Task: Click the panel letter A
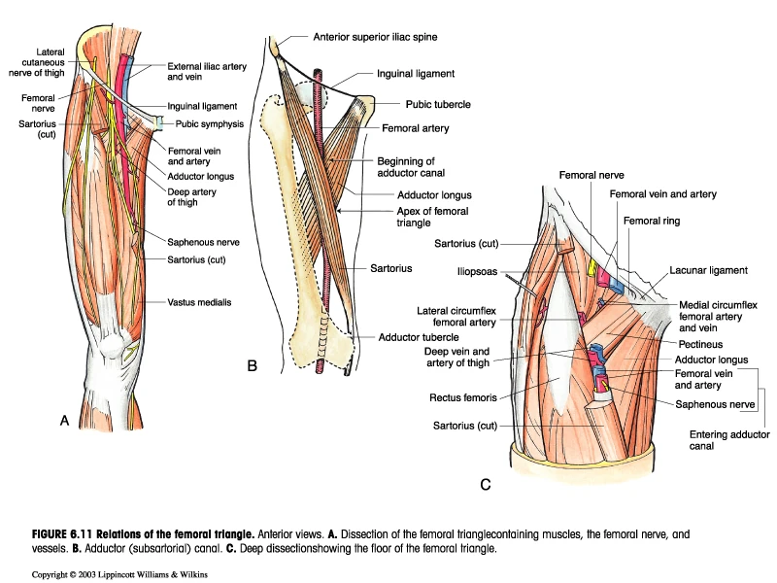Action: [64, 421]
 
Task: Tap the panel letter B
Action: [252, 365]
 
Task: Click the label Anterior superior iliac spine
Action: [376, 37]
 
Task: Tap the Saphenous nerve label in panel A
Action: [204, 241]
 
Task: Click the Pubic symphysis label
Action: [210, 124]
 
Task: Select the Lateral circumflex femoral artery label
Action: [454, 317]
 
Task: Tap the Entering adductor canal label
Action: [730, 440]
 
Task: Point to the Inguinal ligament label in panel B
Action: [416, 73]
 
